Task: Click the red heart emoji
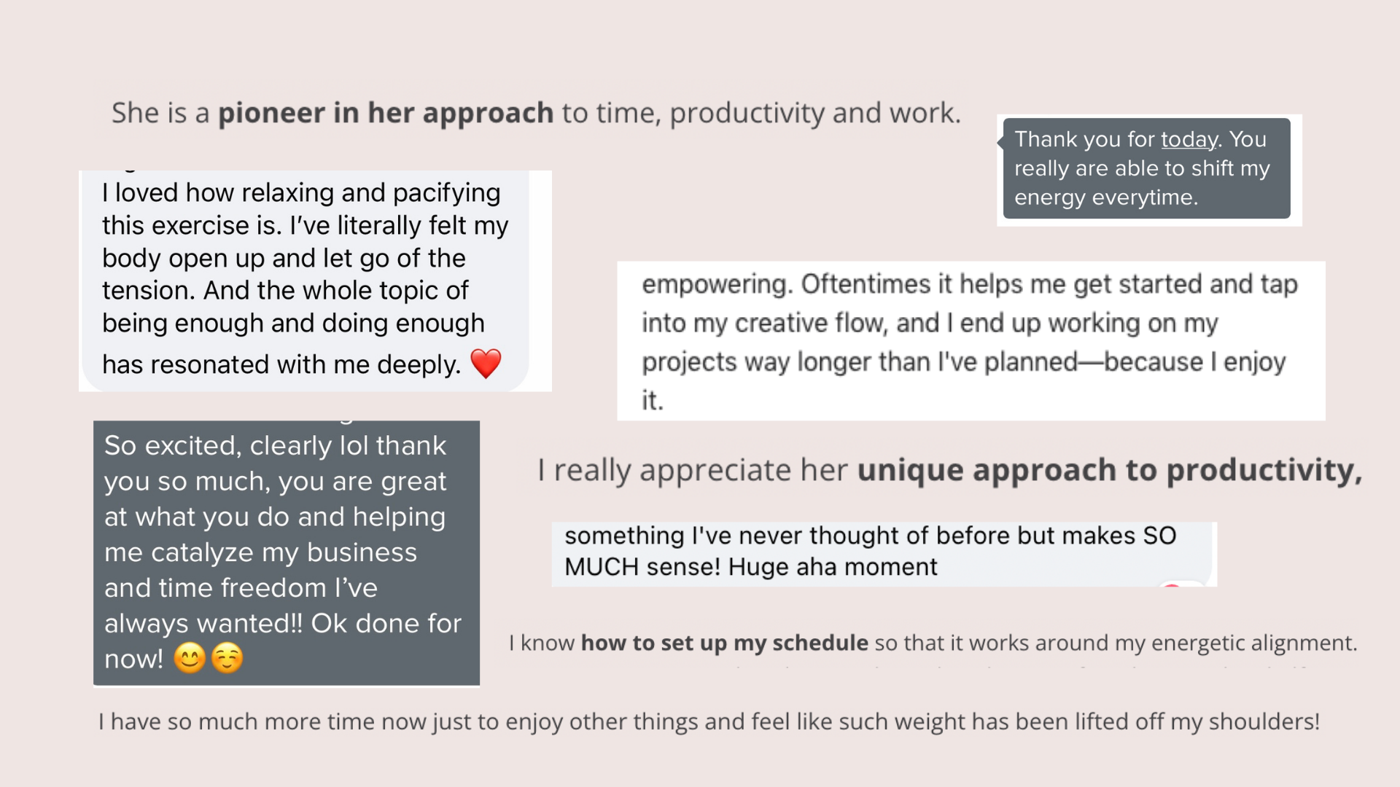pyautogui.click(x=486, y=364)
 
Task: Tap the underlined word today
pyautogui.click(x=1189, y=140)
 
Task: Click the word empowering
pyautogui.click(x=717, y=285)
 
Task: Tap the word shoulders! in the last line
pyautogui.click(x=1264, y=721)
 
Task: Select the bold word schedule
pyautogui.click(x=820, y=643)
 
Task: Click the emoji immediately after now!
pyautogui.click(x=190, y=659)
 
